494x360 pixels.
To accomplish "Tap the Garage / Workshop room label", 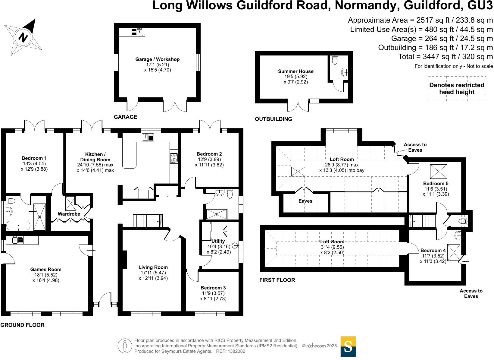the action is pyautogui.click(x=157, y=59).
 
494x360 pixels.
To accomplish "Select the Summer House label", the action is pyautogui.click(x=295, y=71).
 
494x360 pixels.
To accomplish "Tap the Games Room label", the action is pyautogui.click(x=45, y=270).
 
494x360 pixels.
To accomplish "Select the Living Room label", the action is pyautogui.click(x=153, y=267).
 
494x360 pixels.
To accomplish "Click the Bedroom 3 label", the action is pyautogui.click(x=213, y=288).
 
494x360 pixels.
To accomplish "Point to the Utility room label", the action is pyautogui.click(x=218, y=241).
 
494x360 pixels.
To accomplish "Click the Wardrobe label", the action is pyautogui.click(x=69, y=214).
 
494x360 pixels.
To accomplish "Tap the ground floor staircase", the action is pyautogui.click(x=148, y=221).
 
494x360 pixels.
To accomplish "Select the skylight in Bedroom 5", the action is pyautogui.click(x=438, y=172).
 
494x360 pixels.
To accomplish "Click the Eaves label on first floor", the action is pyautogui.click(x=305, y=201).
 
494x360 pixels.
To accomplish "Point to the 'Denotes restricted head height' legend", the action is pyautogui.click(x=457, y=89).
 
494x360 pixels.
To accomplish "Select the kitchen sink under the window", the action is pyautogui.click(x=148, y=137).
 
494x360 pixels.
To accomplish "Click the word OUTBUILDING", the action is pyautogui.click(x=273, y=119).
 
